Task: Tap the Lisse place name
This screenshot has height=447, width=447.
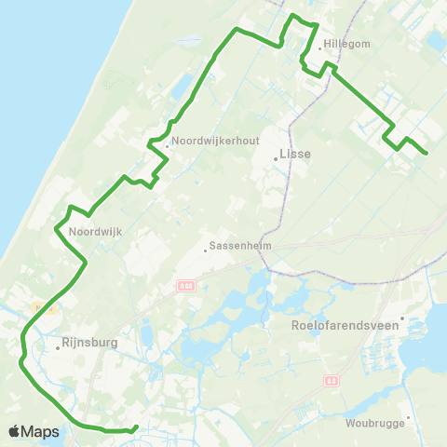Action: pyautogui.click(x=295, y=155)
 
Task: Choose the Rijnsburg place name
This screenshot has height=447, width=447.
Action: pyautogui.click(x=90, y=342)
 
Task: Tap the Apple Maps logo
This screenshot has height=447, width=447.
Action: pyautogui.click(x=34, y=431)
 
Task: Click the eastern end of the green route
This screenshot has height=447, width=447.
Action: pyautogui.click(x=426, y=153)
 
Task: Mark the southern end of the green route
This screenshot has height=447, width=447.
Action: pyautogui.click(x=137, y=427)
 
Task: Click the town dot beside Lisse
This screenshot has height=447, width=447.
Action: pyautogui.click(x=276, y=159)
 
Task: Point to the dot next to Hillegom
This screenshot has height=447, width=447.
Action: pyautogui.click(x=320, y=49)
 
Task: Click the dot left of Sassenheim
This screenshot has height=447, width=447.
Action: pyautogui.click(x=206, y=250)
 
